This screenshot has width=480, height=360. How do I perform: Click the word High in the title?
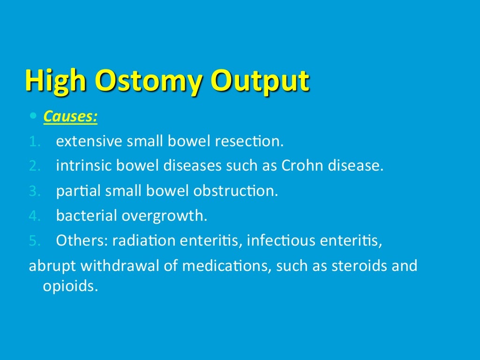tap(55, 81)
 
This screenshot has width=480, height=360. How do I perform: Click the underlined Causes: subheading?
tap(70, 116)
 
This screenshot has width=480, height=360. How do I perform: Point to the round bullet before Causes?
tap(32, 116)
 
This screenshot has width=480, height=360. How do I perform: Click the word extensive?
tap(90, 141)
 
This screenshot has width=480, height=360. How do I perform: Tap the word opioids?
tap(71, 286)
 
